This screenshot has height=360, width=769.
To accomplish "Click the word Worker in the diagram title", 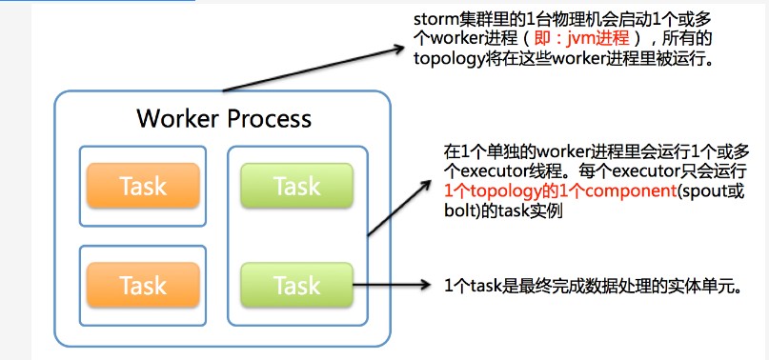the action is coord(178,118).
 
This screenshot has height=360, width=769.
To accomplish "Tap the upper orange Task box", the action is coord(143,186).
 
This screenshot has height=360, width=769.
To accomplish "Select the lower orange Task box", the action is coord(143,285).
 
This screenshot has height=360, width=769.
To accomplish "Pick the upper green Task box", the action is coord(296,186).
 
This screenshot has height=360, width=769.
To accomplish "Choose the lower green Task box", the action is coord(296,285).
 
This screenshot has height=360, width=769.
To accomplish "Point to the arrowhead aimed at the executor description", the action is coord(425,187).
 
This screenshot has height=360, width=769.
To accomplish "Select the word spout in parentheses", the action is coord(703,191).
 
